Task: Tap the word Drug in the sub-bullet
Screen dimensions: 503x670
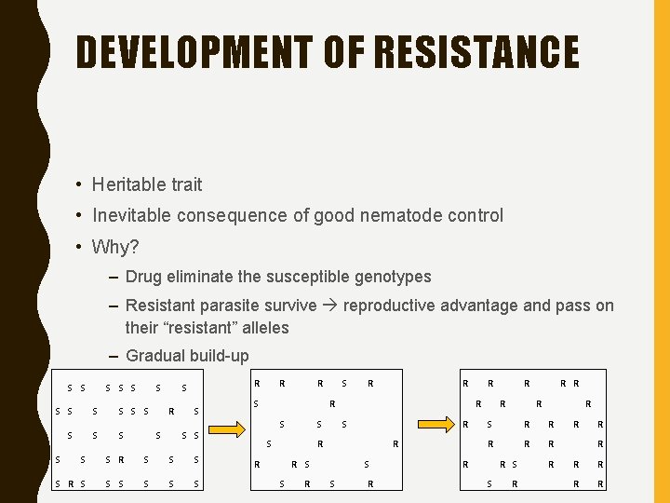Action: pos(143,277)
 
